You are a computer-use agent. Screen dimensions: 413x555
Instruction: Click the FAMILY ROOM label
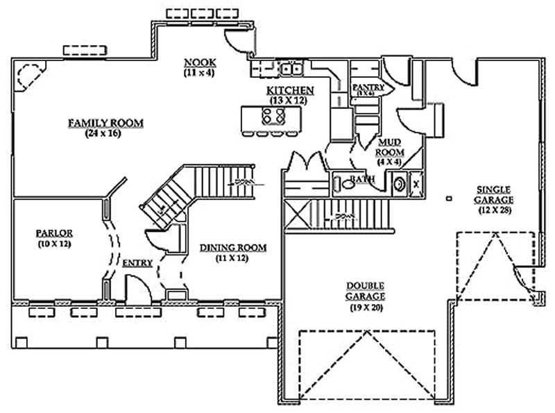pyautogui.click(x=105, y=123)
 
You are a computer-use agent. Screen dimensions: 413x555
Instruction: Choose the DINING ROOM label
pyautogui.click(x=233, y=248)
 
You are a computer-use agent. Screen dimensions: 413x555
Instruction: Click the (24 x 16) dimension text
pyautogui.click(x=105, y=134)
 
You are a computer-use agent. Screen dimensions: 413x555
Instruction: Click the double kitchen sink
pyautogui.click(x=290, y=69)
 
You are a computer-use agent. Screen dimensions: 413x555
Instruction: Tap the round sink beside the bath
pyautogui.click(x=400, y=185)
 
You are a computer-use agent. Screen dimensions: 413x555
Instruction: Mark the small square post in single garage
pyautogui.click(x=449, y=199)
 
